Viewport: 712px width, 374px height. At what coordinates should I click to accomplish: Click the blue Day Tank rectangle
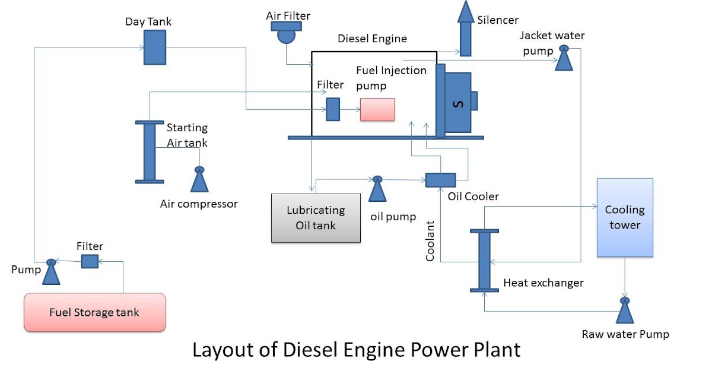click(155, 47)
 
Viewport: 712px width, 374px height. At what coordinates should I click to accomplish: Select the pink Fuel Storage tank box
click(94, 312)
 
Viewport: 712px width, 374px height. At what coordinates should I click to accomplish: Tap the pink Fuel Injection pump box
click(377, 110)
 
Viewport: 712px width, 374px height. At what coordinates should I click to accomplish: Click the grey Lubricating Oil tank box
click(316, 218)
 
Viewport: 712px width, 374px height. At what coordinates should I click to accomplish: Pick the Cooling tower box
click(624, 217)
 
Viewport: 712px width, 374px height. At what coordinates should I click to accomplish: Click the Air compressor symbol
click(199, 180)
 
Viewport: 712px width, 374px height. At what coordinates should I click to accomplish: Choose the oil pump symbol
click(377, 190)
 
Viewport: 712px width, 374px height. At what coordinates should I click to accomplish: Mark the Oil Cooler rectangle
click(440, 180)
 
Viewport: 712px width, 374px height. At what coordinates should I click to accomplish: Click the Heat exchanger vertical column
click(484, 259)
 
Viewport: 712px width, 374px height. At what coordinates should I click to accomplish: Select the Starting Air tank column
click(150, 151)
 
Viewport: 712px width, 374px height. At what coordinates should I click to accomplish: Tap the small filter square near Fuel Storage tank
click(89, 261)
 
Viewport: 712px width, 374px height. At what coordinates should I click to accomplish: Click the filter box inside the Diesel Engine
click(333, 109)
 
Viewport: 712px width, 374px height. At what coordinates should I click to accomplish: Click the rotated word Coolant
click(431, 241)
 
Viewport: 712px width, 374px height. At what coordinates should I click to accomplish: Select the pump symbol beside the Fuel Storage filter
click(52, 271)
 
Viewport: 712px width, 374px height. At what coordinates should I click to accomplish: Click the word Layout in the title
click(222, 350)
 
